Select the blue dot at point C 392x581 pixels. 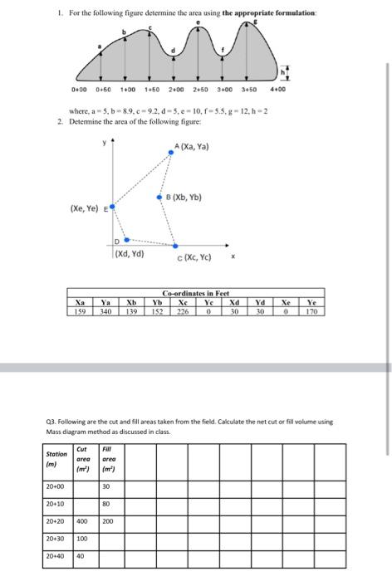(175, 246)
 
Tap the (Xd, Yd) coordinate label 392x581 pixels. (129, 253)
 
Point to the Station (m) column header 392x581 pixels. (56, 458)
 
